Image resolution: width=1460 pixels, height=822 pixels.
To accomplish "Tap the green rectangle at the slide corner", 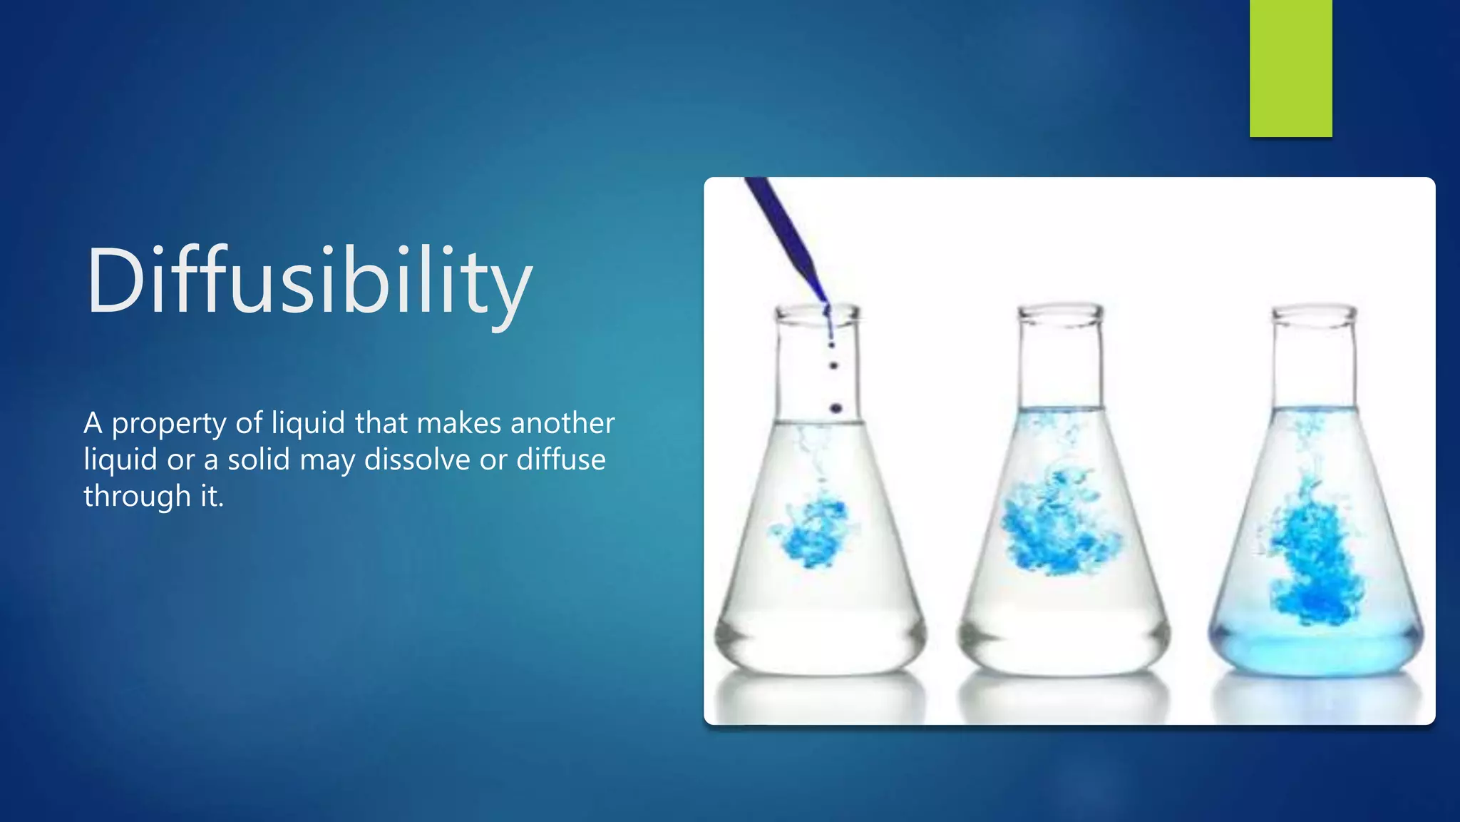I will [1290, 68].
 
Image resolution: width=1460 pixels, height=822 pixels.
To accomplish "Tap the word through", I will [137, 496].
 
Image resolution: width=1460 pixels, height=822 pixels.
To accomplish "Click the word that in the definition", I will [381, 423].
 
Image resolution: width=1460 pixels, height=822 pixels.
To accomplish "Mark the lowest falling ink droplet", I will [836, 409].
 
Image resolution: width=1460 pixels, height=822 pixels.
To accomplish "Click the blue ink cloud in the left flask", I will [813, 532].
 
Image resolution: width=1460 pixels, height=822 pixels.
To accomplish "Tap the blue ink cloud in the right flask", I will [1312, 557].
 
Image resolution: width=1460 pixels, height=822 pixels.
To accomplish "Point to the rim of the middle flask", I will [1060, 312].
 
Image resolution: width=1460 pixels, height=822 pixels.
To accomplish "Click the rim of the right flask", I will [1315, 313].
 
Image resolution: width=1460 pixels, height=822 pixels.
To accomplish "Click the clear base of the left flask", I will [820, 642].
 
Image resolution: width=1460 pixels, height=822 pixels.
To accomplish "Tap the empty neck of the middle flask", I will [1060, 364].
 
